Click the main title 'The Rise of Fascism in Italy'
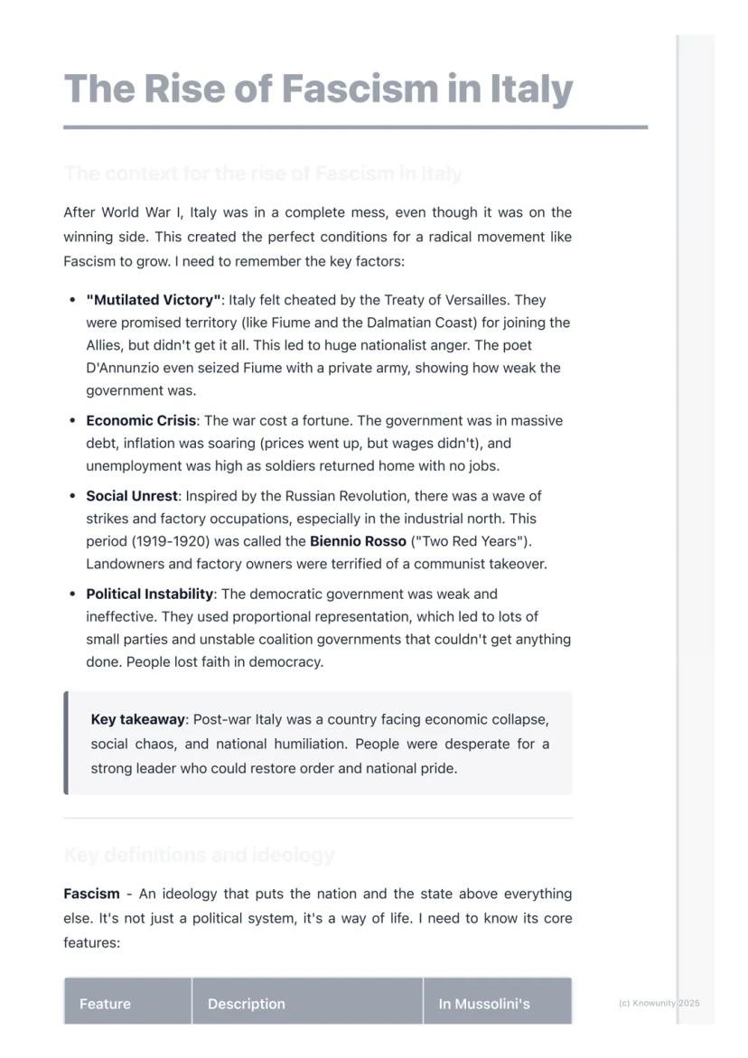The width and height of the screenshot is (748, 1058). click(x=318, y=89)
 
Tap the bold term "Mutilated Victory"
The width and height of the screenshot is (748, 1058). click(x=154, y=300)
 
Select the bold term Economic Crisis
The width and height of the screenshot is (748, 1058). click(x=141, y=421)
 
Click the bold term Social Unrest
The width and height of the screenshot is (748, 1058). click(x=132, y=496)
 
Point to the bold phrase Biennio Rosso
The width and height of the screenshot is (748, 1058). click(x=358, y=541)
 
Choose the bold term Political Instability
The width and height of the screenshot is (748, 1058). click(x=150, y=595)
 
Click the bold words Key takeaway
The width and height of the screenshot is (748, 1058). click(x=137, y=720)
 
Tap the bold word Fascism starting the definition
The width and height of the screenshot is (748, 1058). click(x=91, y=894)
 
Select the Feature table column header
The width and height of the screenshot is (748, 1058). click(x=105, y=1004)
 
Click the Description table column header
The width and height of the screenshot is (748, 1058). click(x=246, y=1004)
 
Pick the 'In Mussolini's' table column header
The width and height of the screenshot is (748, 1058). click(x=484, y=1004)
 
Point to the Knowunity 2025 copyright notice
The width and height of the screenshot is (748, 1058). click(x=659, y=1003)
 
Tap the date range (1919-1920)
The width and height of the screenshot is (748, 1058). click(x=181, y=541)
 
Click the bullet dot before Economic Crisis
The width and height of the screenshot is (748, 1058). click(x=71, y=421)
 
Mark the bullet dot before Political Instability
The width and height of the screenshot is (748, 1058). click(x=71, y=595)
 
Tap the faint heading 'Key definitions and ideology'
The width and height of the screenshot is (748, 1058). click(x=199, y=855)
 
